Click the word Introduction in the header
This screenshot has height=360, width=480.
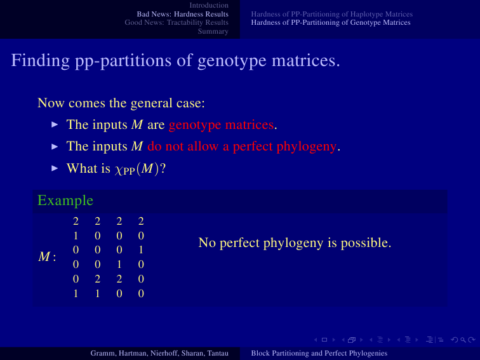click(209, 5)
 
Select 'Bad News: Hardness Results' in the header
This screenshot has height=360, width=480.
click(182, 14)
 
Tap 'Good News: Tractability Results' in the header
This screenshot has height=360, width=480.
click(177, 23)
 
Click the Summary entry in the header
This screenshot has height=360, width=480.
click(213, 31)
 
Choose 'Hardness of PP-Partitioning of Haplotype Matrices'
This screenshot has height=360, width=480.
click(332, 15)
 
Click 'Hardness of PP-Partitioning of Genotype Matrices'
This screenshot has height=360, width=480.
click(331, 23)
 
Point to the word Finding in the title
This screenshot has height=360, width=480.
click(41, 60)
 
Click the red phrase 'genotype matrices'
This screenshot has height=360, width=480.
click(221, 125)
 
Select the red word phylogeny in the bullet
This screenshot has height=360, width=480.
click(307, 147)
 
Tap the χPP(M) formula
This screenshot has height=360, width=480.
click(137, 169)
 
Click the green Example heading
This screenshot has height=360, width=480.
click(65, 201)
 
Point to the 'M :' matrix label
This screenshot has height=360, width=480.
click(47, 257)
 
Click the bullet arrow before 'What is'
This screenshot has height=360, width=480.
click(55, 168)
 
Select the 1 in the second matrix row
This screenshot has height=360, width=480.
click(76, 236)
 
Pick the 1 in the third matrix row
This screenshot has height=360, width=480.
click(141, 250)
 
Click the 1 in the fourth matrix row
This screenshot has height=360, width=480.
click(119, 264)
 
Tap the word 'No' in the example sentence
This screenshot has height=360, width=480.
click(207, 243)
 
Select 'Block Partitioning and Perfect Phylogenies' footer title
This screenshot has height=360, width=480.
click(319, 353)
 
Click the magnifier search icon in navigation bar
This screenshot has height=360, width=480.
click(463, 340)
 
